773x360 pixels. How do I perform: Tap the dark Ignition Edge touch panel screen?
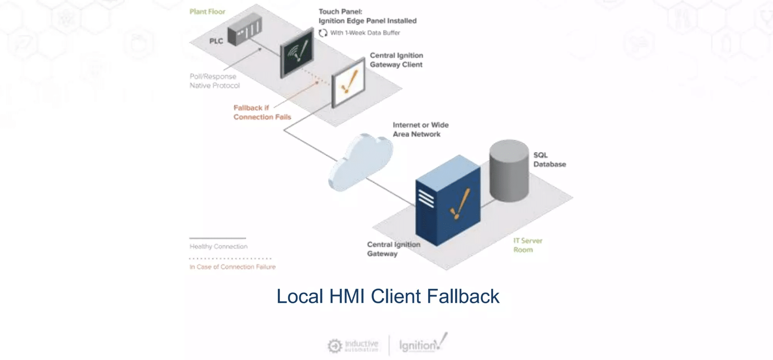(297, 53)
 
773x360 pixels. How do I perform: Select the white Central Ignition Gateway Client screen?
(348, 83)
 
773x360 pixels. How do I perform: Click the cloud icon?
(360, 162)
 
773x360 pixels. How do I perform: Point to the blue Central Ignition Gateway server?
(448, 200)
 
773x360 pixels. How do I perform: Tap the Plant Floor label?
(208, 12)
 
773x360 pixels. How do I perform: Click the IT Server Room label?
(528, 245)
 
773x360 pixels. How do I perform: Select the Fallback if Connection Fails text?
(262, 112)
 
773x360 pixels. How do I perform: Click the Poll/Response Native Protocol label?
(215, 81)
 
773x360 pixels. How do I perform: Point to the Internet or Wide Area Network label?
(420, 129)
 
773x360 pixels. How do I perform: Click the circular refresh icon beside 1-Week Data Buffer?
(323, 33)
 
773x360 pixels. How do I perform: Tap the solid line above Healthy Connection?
(217, 238)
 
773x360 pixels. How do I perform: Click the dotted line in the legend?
(230, 258)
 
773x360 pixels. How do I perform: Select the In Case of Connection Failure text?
(232, 267)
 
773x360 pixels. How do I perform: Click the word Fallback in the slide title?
(463, 296)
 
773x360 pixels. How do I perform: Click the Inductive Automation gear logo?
(334, 346)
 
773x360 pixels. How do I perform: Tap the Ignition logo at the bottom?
(423, 343)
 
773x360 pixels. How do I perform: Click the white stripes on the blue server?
(426, 198)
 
